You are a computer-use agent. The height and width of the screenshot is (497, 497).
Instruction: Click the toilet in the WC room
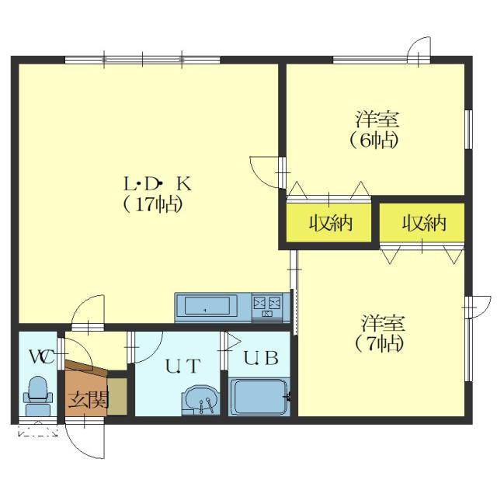(38, 395)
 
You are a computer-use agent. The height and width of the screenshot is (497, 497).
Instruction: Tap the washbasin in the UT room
(200, 400)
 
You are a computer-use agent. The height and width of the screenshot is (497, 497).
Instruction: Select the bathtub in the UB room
(259, 397)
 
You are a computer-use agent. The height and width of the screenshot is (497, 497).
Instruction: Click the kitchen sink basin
(207, 306)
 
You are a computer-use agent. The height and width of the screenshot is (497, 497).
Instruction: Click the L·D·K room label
(158, 184)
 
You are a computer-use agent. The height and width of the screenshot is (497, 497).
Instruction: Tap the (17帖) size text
(152, 204)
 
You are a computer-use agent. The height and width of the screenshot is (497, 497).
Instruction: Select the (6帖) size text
(374, 141)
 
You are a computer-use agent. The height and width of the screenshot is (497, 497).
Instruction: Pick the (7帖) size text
(380, 343)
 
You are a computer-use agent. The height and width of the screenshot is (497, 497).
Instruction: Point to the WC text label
(42, 357)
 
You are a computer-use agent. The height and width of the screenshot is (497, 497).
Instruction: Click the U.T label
(183, 366)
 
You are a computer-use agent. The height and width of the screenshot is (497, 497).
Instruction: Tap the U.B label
(261, 357)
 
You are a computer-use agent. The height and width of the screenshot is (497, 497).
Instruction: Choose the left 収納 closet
(331, 223)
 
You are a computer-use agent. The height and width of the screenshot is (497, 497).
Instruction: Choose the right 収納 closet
(423, 223)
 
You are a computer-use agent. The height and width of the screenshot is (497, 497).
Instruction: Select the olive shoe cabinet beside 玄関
(117, 396)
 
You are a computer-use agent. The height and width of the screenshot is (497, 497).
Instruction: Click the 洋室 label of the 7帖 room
(383, 323)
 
